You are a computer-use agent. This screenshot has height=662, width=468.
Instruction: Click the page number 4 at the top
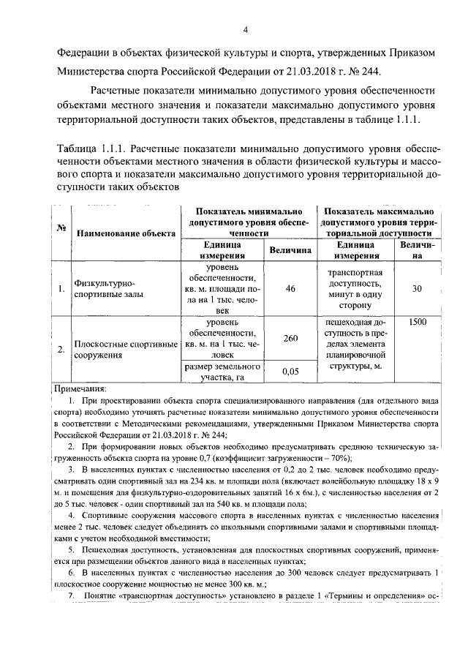(x=246, y=29)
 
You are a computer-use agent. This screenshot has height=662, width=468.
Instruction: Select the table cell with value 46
(x=290, y=290)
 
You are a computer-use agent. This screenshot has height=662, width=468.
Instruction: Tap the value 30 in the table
(x=417, y=290)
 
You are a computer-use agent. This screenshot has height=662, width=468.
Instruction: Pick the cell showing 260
(x=290, y=339)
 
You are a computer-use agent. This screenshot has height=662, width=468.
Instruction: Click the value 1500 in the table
(x=418, y=322)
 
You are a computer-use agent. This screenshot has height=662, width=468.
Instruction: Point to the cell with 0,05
(x=290, y=372)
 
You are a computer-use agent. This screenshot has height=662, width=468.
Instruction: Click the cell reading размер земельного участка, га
(x=222, y=372)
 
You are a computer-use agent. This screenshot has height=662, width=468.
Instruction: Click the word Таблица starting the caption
(x=78, y=147)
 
